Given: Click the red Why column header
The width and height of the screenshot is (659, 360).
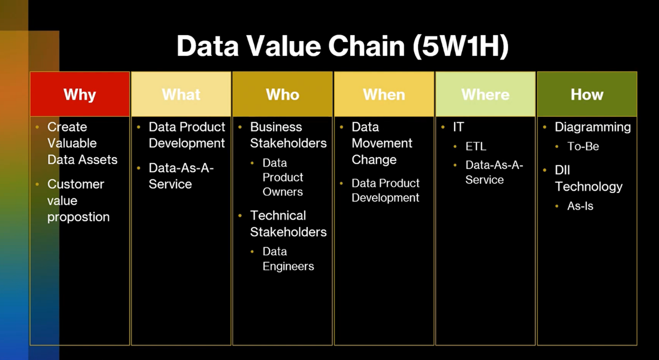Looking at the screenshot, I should [x=79, y=94].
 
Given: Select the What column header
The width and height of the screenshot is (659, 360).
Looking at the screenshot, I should [x=181, y=94].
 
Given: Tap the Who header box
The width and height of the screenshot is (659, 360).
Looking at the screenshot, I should [x=283, y=94].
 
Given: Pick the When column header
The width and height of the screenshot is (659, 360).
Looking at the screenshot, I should [x=384, y=94].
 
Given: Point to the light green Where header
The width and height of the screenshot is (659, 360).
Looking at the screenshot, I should [x=485, y=94].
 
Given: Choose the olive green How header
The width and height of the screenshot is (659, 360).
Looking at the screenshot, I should [x=587, y=94].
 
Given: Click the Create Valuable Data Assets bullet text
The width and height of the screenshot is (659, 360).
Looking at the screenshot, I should [x=82, y=143].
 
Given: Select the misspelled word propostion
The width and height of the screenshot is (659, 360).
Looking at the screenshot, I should [x=78, y=217].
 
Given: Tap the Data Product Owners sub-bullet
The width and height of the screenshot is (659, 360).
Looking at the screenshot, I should [x=283, y=177].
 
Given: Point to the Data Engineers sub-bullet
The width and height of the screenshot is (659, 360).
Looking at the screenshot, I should [x=288, y=259].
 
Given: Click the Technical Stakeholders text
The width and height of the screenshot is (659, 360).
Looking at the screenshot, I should [x=288, y=223].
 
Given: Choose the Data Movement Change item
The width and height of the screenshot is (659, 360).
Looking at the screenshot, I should [x=382, y=143].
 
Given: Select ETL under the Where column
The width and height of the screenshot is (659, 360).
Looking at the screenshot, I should [x=476, y=147].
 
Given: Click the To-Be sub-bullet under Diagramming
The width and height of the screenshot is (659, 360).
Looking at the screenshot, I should [x=583, y=147].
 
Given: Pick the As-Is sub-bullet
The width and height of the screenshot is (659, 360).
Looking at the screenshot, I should [x=580, y=206].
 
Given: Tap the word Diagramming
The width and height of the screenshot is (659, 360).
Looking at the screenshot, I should [x=592, y=127].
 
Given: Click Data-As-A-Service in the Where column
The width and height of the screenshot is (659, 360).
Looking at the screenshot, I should [x=494, y=172].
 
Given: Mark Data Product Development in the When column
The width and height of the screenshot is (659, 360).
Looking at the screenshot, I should [x=385, y=190].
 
